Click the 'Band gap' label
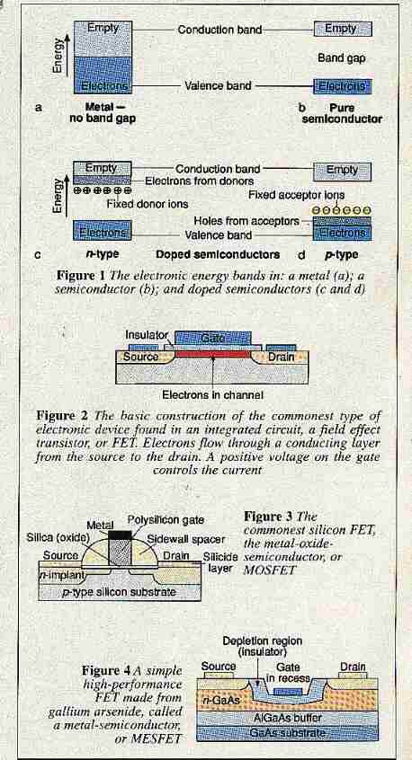point(341,58)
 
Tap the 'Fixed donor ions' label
point(147,204)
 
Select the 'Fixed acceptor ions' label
point(297,195)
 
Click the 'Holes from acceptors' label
point(246,221)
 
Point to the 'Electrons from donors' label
point(200,181)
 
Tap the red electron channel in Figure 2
point(213,354)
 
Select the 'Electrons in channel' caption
point(212,395)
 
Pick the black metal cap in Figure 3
point(120,535)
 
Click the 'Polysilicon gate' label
point(166,519)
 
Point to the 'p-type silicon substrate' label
point(119,592)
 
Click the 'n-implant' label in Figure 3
point(62,575)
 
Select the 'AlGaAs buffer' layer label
point(288,717)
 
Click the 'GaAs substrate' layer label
point(287,732)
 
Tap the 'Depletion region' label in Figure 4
point(262,641)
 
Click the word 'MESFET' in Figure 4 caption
point(162,738)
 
